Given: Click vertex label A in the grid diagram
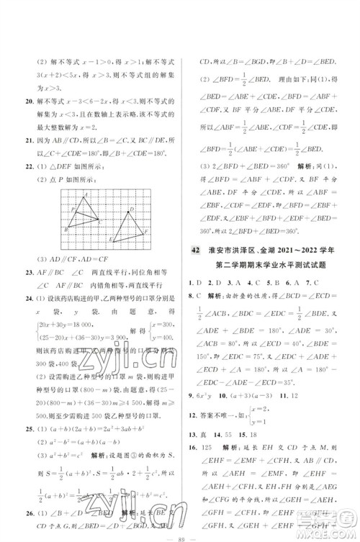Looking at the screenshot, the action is click(85, 195).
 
